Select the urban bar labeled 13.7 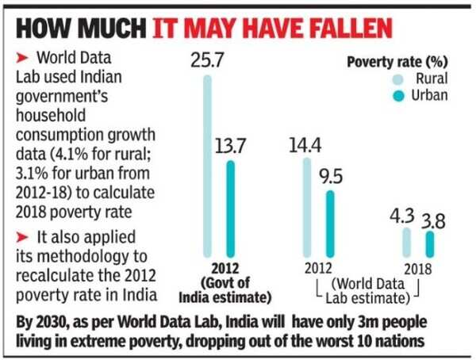pos(231,207)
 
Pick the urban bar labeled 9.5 pos(331,222)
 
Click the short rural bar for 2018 pos(406,241)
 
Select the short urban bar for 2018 pos(430,243)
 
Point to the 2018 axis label pos(417,268)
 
